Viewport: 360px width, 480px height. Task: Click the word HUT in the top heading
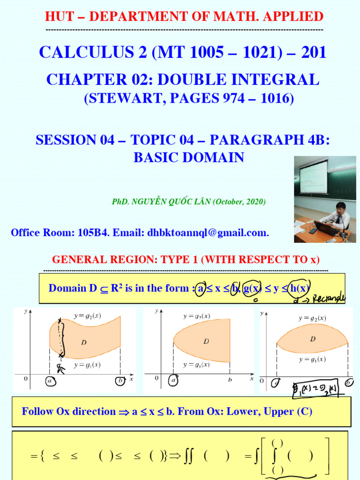57,17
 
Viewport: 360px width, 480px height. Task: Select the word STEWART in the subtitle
117,98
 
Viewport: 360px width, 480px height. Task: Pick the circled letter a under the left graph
50,381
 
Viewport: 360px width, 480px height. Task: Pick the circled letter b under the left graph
120,381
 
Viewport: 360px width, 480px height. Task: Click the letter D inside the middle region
206,341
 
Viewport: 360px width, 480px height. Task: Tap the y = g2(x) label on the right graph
312,318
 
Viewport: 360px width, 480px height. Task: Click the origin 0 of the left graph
26,378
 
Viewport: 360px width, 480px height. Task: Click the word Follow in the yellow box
38,412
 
